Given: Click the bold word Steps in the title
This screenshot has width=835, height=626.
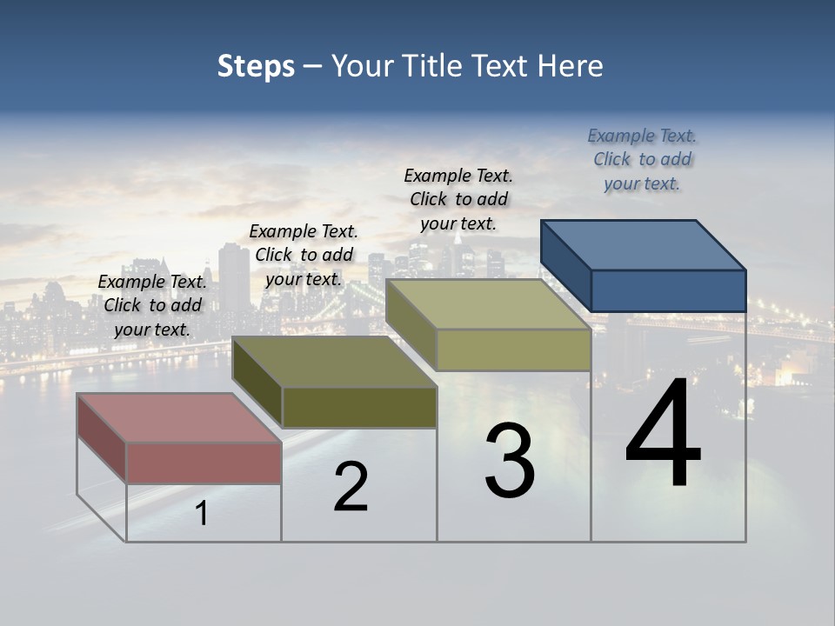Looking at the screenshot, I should point(256,67).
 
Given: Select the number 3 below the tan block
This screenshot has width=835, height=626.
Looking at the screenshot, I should point(510,461).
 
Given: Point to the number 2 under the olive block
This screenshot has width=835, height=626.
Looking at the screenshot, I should point(351,487).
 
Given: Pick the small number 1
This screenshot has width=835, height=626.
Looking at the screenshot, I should point(202,514).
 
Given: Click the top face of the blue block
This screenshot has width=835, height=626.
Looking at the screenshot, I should point(644,244).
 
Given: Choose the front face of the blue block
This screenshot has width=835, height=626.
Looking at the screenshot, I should point(668,290).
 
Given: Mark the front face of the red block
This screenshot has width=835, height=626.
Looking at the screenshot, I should point(204,463).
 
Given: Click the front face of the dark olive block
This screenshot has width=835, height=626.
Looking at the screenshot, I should point(359,407).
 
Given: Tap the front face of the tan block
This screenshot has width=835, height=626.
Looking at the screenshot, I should point(513,350).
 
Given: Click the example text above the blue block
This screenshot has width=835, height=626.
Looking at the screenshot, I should point(642,160).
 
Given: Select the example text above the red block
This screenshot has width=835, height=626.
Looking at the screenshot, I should point(153,305).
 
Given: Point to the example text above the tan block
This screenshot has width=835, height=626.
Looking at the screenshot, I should point(459,199).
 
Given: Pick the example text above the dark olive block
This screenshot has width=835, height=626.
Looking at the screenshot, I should point(304,255).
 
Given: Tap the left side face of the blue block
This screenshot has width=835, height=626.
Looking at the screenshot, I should point(566,265).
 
